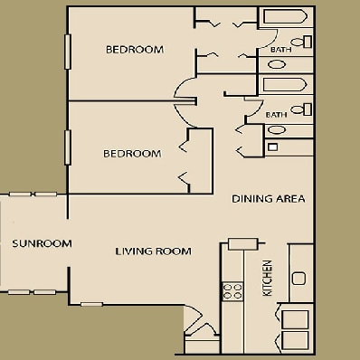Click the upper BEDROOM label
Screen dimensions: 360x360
135,50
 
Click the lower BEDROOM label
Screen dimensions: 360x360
132,154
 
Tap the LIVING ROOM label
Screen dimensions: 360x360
154,251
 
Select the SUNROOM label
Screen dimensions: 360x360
42,243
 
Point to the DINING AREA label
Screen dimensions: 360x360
269,199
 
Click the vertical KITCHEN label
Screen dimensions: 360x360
268,278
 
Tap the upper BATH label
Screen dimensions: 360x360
281,50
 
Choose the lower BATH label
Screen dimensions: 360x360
276,115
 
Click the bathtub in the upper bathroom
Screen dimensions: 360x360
285,16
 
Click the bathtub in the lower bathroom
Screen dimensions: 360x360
285,85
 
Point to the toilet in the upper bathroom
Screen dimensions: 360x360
301,42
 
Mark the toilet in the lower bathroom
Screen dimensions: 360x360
301,109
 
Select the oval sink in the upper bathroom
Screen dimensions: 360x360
277,64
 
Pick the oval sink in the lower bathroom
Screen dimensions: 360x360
277,130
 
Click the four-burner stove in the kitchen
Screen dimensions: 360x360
232,291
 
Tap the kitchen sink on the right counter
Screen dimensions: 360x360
299,278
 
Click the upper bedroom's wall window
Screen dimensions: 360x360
68,52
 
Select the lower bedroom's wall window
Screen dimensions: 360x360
68,147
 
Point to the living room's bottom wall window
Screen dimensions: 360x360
92,304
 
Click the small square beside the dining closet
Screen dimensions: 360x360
273,147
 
